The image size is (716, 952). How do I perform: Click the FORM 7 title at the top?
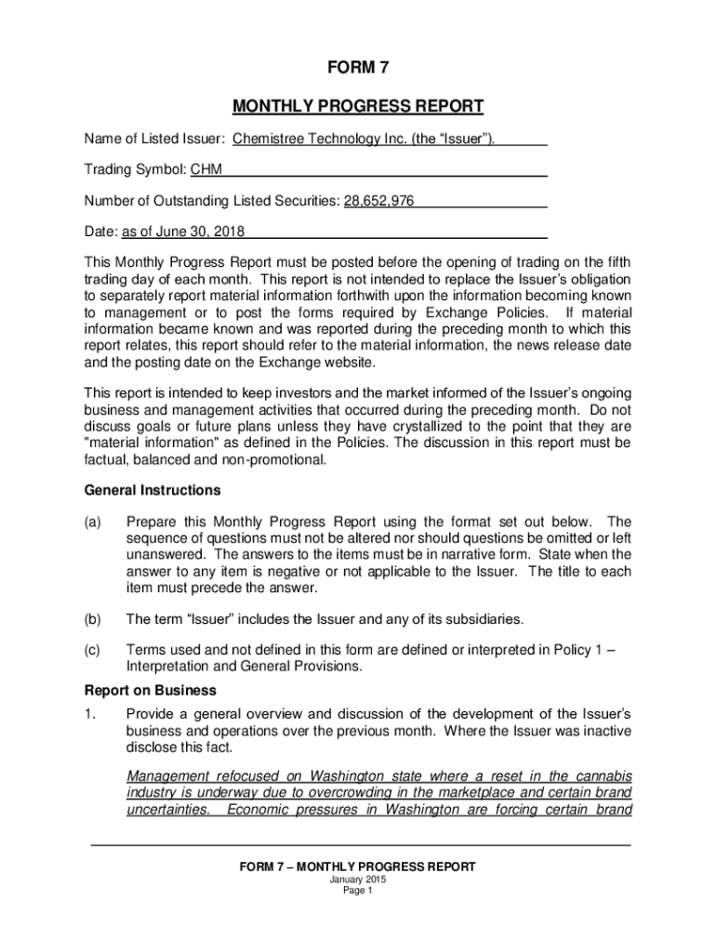pos(358,68)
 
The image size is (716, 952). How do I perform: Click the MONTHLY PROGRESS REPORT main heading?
pos(358,106)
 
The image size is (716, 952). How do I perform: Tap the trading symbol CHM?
pos(206,170)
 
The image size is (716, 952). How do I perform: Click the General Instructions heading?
pos(152,490)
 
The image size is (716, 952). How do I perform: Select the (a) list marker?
pos(93,522)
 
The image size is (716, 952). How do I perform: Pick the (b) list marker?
pos(93,618)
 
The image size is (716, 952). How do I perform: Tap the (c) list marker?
pos(93,651)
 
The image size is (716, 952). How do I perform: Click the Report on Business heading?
pos(150,691)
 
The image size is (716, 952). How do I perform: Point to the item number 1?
pos(89,714)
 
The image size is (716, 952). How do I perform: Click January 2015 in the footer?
pos(358,879)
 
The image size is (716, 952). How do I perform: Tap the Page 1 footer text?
pos(358,891)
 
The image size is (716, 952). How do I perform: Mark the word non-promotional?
pos(280,458)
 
